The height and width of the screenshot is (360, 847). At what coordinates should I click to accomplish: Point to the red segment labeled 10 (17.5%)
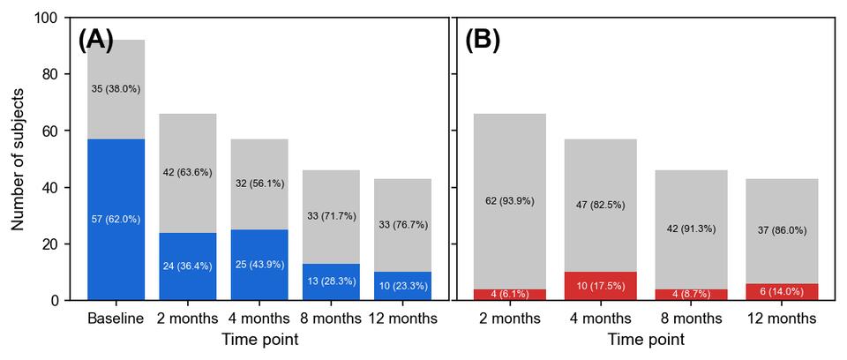click(x=601, y=286)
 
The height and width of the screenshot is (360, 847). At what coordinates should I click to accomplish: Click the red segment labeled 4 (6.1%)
click(x=510, y=294)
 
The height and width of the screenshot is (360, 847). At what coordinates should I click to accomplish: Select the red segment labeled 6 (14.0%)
click(x=782, y=291)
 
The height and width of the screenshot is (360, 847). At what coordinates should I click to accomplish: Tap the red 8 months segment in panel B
click(x=691, y=294)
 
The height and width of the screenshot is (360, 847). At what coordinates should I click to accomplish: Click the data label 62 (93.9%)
click(x=510, y=201)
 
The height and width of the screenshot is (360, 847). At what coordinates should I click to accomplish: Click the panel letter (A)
click(x=95, y=40)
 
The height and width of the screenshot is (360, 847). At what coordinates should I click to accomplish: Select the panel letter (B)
click(x=483, y=40)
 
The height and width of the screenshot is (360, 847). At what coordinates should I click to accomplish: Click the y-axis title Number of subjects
click(x=18, y=159)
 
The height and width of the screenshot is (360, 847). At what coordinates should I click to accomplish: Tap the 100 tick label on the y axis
click(x=46, y=18)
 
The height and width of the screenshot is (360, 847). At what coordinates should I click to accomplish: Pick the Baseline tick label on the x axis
click(x=116, y=319)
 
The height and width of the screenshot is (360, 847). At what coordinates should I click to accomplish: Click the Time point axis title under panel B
click(x=646, y=340)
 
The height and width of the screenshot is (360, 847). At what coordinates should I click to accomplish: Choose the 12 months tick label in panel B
click(x=782, y=319)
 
